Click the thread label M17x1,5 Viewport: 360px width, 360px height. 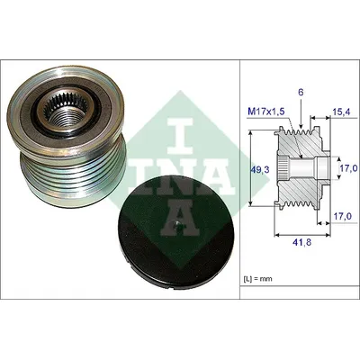click(265, 112)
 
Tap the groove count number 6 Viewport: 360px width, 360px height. click(301, 93)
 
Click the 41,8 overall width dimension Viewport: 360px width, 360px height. click(302, 242)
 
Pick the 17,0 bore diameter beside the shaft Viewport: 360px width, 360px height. click(348, 169)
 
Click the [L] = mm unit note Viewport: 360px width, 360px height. click(257, 279)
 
